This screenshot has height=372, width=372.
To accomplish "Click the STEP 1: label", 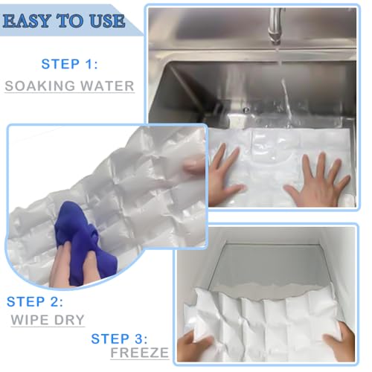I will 69,63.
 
